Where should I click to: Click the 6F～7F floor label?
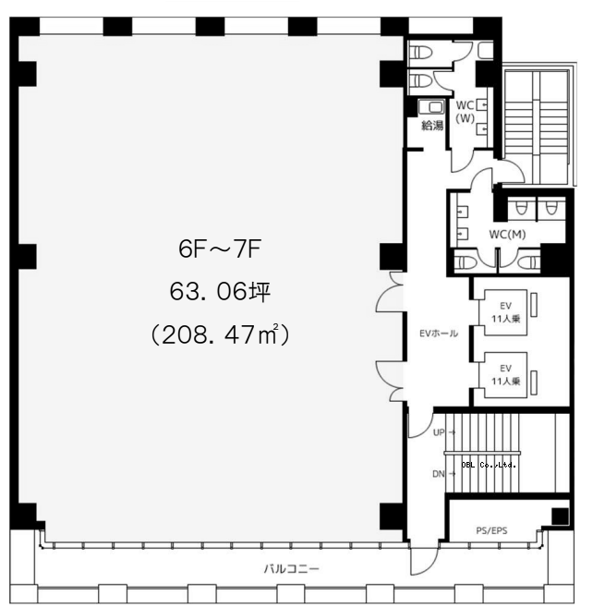pyautogui.click(x=219, y=249)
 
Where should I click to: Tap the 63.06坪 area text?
pyautogui.click(x=220, y=292)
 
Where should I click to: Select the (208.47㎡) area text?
pyautogui.click(x=220, y=334)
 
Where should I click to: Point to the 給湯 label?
pyautogui.click(x=432, y=126)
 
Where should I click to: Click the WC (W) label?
pyautogui.click(x=465, y=112)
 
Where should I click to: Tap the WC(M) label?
pyautogui.click(x=507, y=234)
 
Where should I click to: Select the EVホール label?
pyautogui.click(x=439, y=334)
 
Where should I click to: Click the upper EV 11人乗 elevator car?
pyautogui.click(x=502, y=312)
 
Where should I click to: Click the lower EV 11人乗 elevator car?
pyautogui.click(x=502, y=375)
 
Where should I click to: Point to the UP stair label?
pyautogui.click(x=439, y=432)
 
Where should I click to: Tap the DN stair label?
pyautogui.click(x=438, y=474)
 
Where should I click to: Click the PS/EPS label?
pyautogui.click(x=491, y=530)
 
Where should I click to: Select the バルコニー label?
pyautogui.click(x=292, y=569)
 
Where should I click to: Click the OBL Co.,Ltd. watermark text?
pyautogui.click(x=489, y=465)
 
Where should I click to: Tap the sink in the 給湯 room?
pyautogui.click(x=431, y=107)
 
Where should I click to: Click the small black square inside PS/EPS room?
pyautogui.click(x=560, y=516)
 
